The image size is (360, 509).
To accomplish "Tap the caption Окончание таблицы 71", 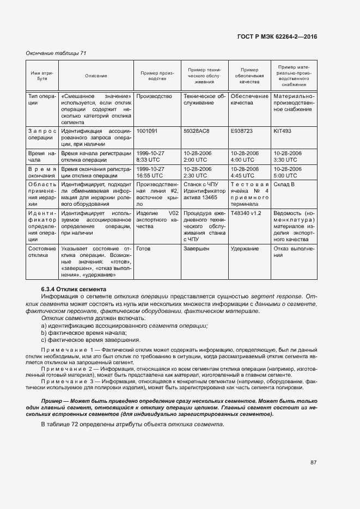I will (x=56, y=53).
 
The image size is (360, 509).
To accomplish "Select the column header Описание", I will (x=96, y=76).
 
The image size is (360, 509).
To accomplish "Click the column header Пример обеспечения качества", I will (x=249, y=76).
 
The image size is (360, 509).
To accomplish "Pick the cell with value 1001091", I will (x=147, y=131).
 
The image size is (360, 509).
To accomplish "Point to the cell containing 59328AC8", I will (x=197, y=131).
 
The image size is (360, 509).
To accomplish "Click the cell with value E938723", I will (x=242, y=131).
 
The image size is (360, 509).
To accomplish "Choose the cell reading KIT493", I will (x=282, y=131).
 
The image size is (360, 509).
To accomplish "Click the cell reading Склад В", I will (x=284, y=185).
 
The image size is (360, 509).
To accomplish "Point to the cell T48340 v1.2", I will (x=246, y=213).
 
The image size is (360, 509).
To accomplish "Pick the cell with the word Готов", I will (x=143, y=248).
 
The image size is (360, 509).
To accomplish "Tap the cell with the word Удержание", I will (x=245, y=248).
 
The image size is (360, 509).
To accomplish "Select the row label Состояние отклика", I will (x=42, y=251).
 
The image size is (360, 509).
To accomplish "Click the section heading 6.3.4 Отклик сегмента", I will (x=73, y=289).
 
